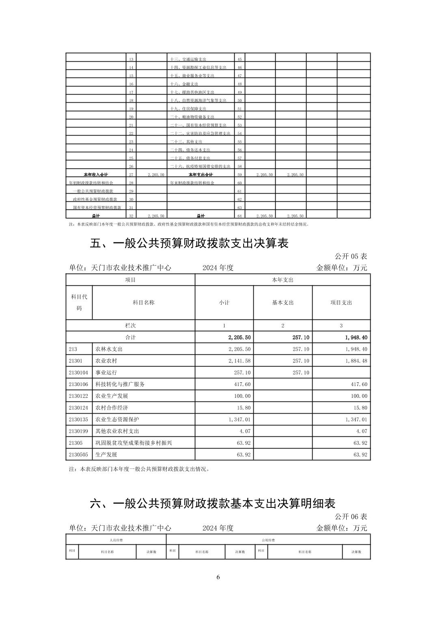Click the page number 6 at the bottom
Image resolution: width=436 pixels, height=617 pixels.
point(218,577)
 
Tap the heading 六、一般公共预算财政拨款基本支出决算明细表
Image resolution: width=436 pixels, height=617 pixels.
point(212,504)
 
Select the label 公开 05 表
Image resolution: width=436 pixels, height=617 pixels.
point(351,257)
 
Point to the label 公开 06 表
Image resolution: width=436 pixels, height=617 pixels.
point(351,517)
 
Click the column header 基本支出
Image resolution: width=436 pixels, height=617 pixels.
point(283,303)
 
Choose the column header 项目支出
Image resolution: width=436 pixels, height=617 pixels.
point(341,303)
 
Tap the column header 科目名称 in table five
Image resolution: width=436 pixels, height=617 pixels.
point(143,303)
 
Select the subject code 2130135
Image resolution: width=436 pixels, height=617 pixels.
point(78,419)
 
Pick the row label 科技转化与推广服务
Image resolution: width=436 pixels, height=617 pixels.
point(120,384)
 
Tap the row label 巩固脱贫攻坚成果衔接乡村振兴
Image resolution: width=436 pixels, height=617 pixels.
point(134,443)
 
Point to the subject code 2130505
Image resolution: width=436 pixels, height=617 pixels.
point(78,455)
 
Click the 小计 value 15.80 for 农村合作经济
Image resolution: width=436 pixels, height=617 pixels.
point(244,408)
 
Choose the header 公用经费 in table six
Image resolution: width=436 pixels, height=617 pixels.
point(268,540)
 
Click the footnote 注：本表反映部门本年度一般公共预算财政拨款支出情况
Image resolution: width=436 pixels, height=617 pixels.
point(139,469)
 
